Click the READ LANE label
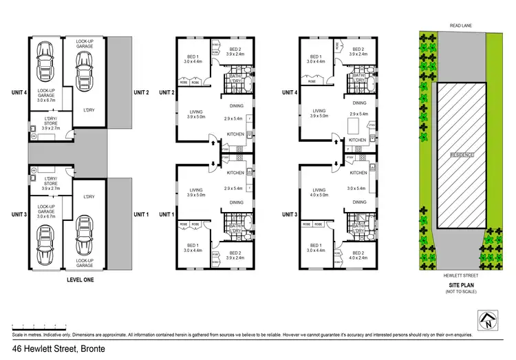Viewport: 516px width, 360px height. [x=460, y=25]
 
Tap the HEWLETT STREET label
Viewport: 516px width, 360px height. [x=460, y=273]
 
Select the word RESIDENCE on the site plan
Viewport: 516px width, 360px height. [x=462, y=155]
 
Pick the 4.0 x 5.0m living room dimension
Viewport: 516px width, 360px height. [x=319, y=195]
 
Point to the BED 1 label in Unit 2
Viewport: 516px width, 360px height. [x=193, y=56]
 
